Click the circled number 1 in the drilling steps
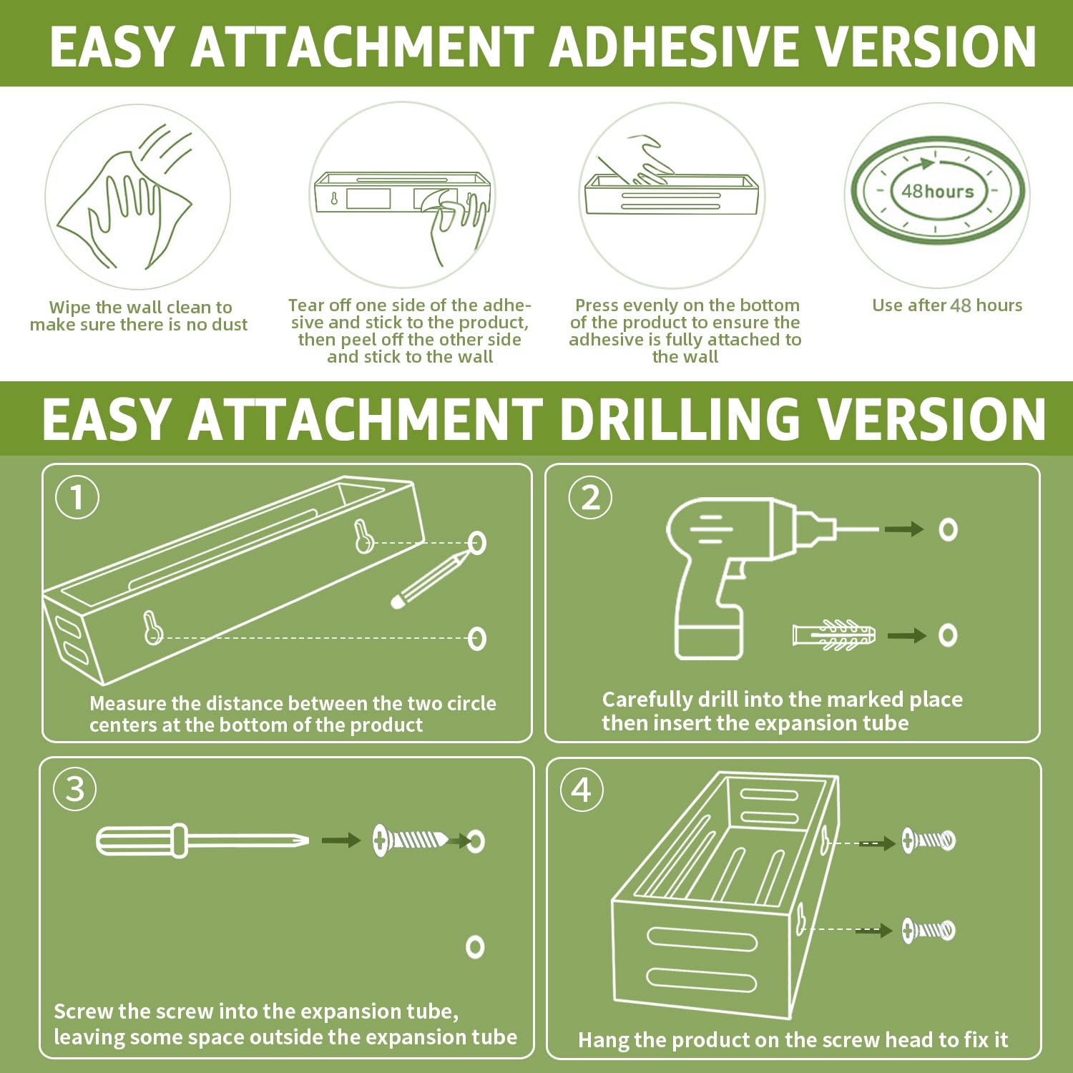click(77, 497)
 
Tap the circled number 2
click(590, 497)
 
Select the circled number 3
click(75, 789)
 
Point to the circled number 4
click(582, 790)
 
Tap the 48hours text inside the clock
click(937, 191)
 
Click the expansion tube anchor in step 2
click(834, 635)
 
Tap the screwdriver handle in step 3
click(142, 840)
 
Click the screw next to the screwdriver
click(411, 840)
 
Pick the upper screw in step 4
click(928, 841)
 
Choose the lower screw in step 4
click(928, 930)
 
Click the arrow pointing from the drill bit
click(904, 529)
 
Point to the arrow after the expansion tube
click(907, 635)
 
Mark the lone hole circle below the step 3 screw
click(475, 946)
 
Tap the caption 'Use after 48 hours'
click(947, 305)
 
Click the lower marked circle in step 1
click(476, 638)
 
